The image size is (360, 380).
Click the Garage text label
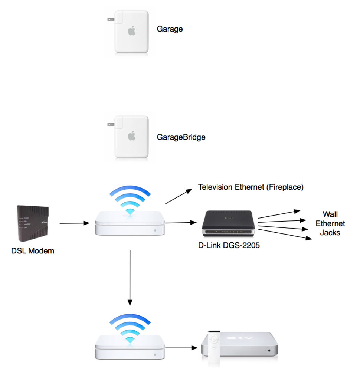click(x=170, y=29)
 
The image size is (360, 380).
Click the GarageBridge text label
click(x=181, y=137)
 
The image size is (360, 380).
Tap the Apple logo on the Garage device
click(x=131, y=31)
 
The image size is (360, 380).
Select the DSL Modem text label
click(x=33, y=251)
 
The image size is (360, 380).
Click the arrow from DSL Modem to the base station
click(x=74, y=223)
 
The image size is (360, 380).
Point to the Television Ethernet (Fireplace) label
click(x=251, y=187)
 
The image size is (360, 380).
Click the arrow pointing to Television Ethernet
click(x=179, y=196)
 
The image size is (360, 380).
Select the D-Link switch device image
click(x=227, y=223)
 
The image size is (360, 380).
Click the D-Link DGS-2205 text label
click(x=227, y=245)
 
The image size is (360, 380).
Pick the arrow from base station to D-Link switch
click(x=180, y=223)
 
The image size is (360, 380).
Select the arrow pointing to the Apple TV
click(x=180, y=348)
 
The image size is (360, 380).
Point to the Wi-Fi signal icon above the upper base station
click(x=130, y=200)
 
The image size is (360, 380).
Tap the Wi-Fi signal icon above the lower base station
click(x=130, y=327)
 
